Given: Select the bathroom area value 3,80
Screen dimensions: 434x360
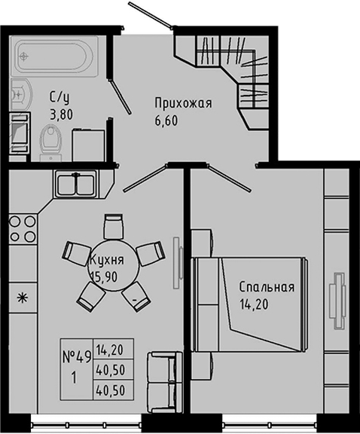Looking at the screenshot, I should coord(62,116).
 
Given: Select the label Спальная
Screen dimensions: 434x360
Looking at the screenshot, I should coord(266,288).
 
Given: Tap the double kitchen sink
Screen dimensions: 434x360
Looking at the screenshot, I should coord(75,184).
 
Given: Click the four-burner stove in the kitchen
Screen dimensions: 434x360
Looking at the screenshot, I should coord(21,229).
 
